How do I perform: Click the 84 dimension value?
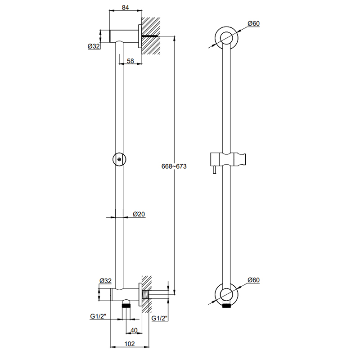pos(126,7)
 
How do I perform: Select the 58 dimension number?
pos(130,61)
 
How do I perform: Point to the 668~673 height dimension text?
pos(174,166)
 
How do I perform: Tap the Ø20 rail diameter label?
pos(139,214)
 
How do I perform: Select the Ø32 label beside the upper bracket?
pos(94,46)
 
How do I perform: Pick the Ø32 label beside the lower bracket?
pos(105,281)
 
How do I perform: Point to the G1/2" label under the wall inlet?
pos(160,319)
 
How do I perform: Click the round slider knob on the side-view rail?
pos(119,158)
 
